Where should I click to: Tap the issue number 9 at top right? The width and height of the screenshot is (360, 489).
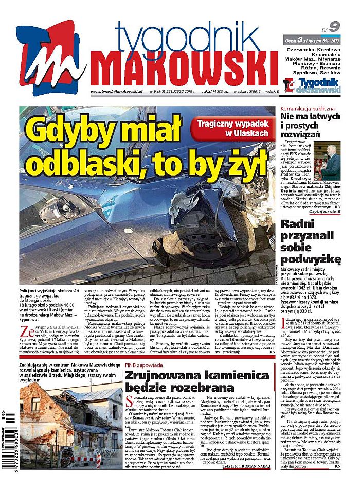[x=334, y=26]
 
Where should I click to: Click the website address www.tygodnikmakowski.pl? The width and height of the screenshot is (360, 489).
[x=118, y=92]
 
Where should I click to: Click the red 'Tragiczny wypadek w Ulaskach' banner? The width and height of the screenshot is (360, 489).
[x=235, y=128]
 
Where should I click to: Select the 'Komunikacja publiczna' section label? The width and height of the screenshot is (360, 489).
[x=308, y=109]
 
